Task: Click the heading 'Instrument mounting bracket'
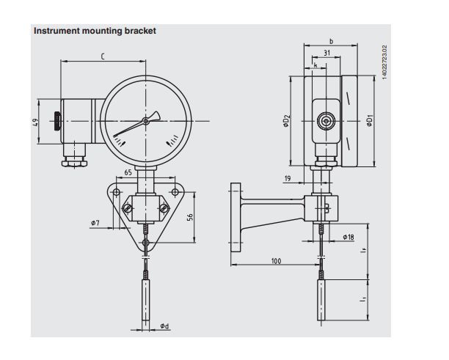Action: (95, 31)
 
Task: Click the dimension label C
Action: (102, 56)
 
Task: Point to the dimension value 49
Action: (36, 122)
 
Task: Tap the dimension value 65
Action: (128, 173)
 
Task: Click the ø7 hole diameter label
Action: (95, 222)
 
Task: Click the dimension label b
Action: (331, 42)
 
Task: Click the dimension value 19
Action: (288, 178)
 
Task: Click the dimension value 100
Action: (276, 261)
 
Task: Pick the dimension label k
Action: (315, 65)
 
